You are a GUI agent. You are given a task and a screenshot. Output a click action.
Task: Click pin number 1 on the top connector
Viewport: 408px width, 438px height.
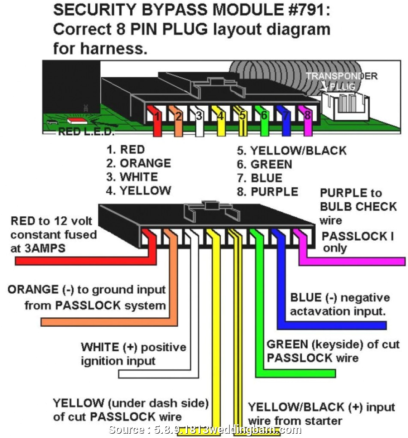(158, 116)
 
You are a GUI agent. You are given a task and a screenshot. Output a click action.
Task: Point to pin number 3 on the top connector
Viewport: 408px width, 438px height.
(199, 116)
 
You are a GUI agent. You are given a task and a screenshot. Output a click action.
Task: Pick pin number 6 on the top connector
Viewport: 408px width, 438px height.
(264, 116)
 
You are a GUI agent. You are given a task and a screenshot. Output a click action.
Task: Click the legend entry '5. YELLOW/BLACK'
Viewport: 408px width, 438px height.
(292, 151)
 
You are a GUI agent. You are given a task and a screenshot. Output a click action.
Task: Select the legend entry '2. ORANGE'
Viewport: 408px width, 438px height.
(139, 163)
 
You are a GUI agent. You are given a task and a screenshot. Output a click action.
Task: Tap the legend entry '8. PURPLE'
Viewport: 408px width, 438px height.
(268, 192)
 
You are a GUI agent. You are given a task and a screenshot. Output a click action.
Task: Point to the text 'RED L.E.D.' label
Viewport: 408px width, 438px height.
(86, 131)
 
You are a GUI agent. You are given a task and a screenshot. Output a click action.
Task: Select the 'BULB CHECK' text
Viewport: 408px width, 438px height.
(358, 207)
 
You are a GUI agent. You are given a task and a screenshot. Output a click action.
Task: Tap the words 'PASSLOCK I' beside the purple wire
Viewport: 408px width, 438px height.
(357, 236)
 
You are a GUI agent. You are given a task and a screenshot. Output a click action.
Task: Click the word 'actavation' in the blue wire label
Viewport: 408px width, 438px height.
(317, 311)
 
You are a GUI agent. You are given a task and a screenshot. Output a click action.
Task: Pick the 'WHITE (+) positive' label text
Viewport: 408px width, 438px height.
(133, 347)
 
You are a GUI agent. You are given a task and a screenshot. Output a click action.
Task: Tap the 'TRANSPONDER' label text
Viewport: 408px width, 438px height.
(341, 76)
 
